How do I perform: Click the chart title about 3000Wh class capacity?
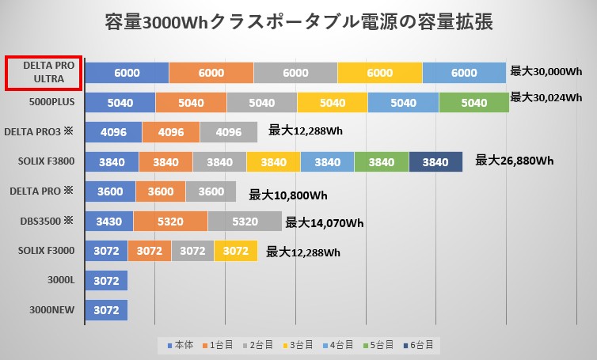point(298,21)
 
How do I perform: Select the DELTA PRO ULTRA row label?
point(44,72)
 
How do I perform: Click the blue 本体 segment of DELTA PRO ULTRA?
point(127,72)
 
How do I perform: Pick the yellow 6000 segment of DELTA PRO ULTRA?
point(379,72)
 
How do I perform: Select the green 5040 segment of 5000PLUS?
point(473,102)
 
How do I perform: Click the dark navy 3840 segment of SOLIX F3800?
point(435,161)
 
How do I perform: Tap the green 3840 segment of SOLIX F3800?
point(382,161)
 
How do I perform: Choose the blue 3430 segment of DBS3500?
point(109,221)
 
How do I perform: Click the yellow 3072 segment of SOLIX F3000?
point(235,252)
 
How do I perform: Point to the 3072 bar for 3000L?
point(106,281)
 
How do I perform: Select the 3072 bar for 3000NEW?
point(106,310)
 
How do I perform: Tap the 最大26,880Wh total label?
point(514,161)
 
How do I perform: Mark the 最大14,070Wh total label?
point(325,222)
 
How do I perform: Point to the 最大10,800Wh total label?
point(288,194)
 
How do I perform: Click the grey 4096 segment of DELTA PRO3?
point(229,131)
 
